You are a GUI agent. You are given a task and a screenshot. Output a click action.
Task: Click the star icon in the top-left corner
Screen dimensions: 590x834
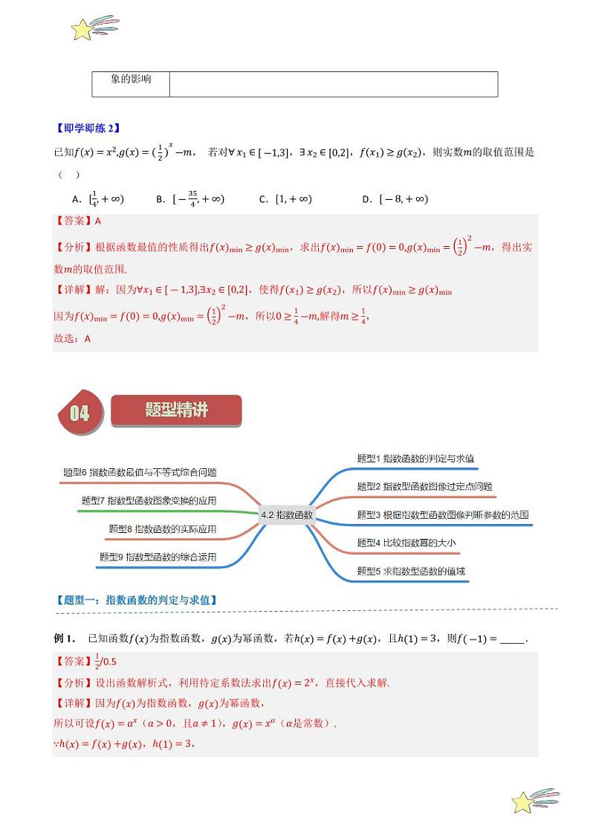tap(83, 30)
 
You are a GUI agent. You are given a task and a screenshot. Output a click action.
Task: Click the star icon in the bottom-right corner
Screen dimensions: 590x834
tap(524, 802)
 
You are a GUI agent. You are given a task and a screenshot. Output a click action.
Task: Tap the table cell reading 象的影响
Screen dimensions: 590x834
tap(131, 80)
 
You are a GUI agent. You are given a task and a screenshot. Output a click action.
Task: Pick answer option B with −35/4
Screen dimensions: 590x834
tap(190, 199)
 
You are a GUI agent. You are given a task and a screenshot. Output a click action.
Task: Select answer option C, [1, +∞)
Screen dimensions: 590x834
tap(285, 199)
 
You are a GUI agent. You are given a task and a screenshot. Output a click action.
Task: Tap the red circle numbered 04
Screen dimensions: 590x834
tap(79, 413)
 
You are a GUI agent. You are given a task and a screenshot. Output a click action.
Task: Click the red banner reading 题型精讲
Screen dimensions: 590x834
tap(177, 410)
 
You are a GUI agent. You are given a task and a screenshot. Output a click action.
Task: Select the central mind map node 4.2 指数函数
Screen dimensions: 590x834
tap(288, 514)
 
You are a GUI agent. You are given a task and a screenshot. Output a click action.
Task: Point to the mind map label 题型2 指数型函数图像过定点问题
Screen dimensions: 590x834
tap(424, 487)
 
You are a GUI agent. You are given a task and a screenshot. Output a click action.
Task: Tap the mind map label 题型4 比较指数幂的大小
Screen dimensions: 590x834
tap(406, 543)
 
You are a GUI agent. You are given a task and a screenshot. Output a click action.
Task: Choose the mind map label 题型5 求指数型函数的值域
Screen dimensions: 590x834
tap(411, 571)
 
